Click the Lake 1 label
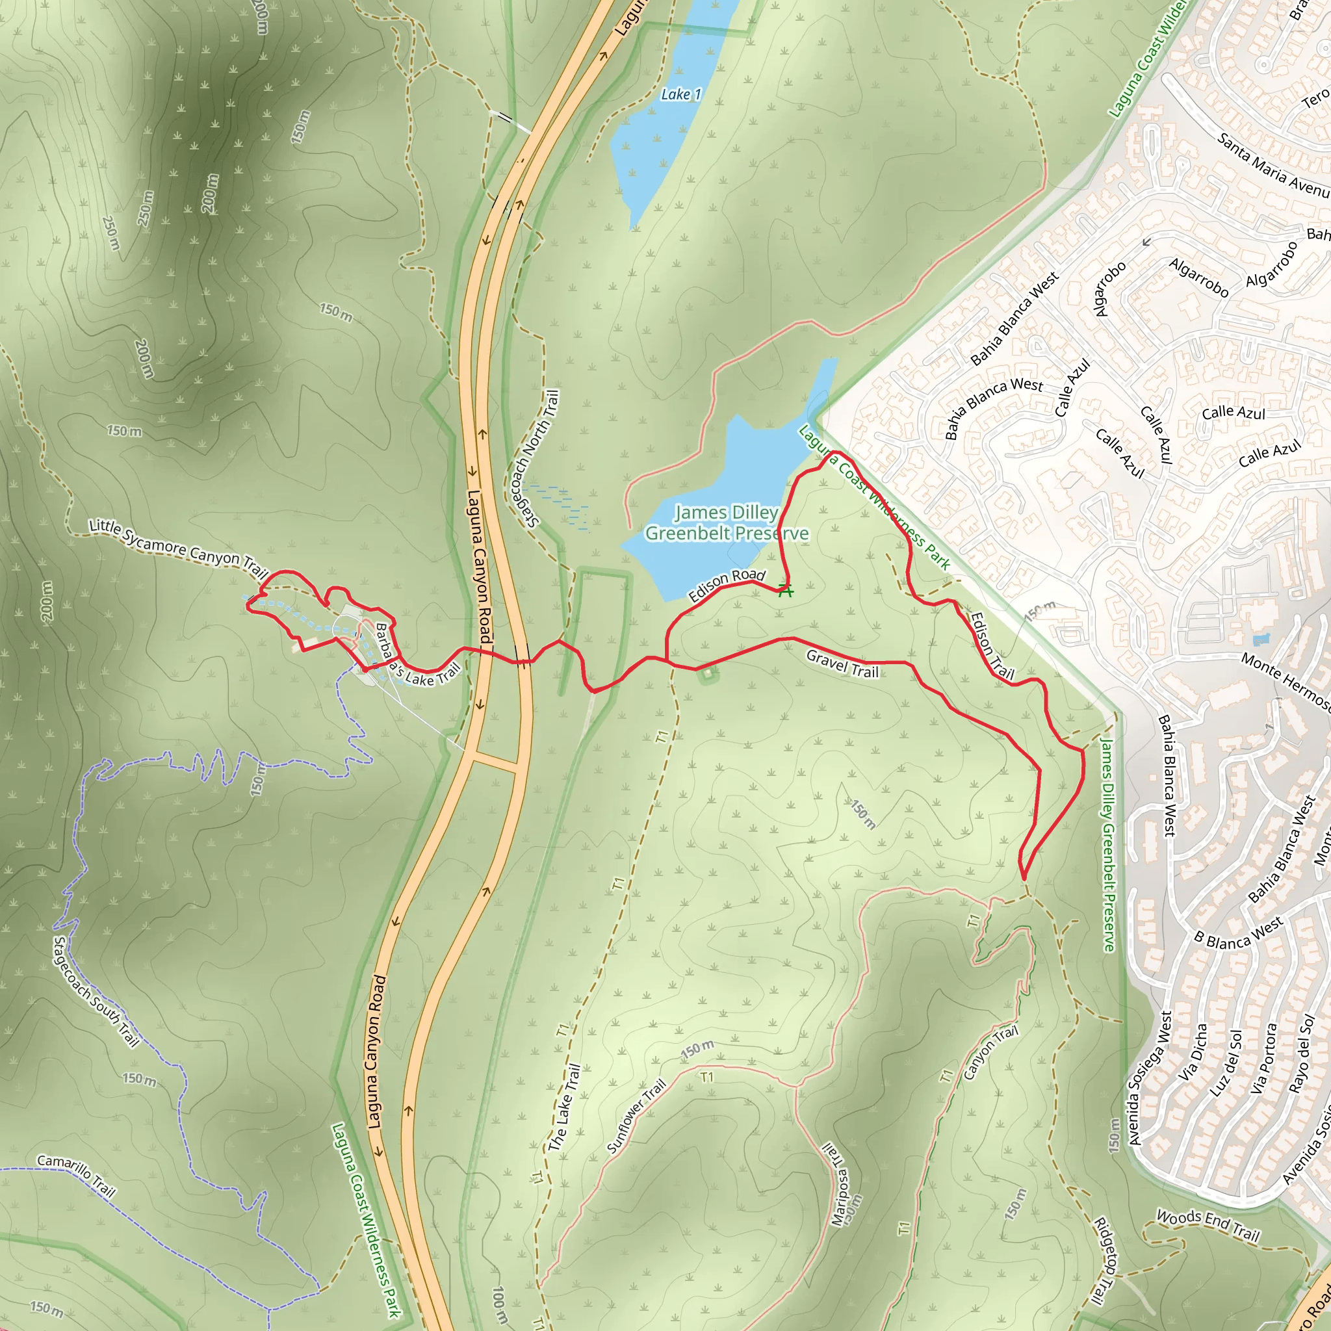[x=680, y=94]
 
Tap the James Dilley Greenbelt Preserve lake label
[x=726, y=523]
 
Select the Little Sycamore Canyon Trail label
[x=177, y=549]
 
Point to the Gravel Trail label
[x=842, y=664]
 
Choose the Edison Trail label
[x=992, y=645]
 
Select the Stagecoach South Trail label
[x=96, y=991]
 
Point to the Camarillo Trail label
[x=76, y=1175]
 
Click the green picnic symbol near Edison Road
[x=785, y=590]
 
